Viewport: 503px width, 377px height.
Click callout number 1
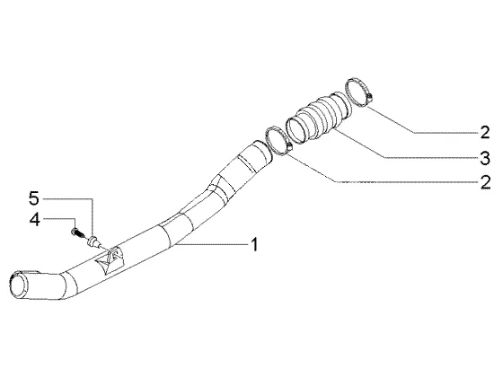[x=254, y=244]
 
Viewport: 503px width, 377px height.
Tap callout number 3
[x=485, y=158]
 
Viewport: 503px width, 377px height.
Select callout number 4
[x=35, y=220]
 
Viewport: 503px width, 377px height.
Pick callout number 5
[x=34, y=198]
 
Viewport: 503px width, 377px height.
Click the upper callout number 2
[x=485, y=132]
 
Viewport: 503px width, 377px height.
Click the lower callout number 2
[x=485, y=182]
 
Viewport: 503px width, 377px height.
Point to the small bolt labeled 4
[x=77, y=232]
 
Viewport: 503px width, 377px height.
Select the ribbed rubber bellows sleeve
[x=319, y=117]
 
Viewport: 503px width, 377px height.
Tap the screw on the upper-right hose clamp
[x=369, y=96]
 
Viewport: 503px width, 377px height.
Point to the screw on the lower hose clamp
[x=289, y=146]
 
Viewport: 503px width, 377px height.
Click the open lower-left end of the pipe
[x=18, y=285]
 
